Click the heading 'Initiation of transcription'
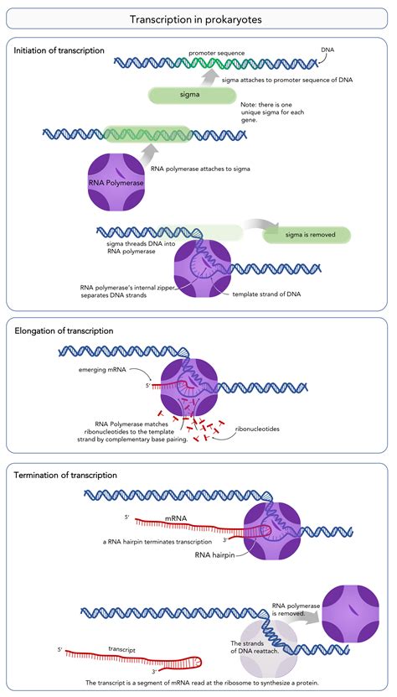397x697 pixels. point(59,50)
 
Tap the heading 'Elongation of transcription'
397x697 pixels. point(64,330)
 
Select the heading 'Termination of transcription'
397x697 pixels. point(65,475)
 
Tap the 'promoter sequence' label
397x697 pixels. point(217,52)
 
